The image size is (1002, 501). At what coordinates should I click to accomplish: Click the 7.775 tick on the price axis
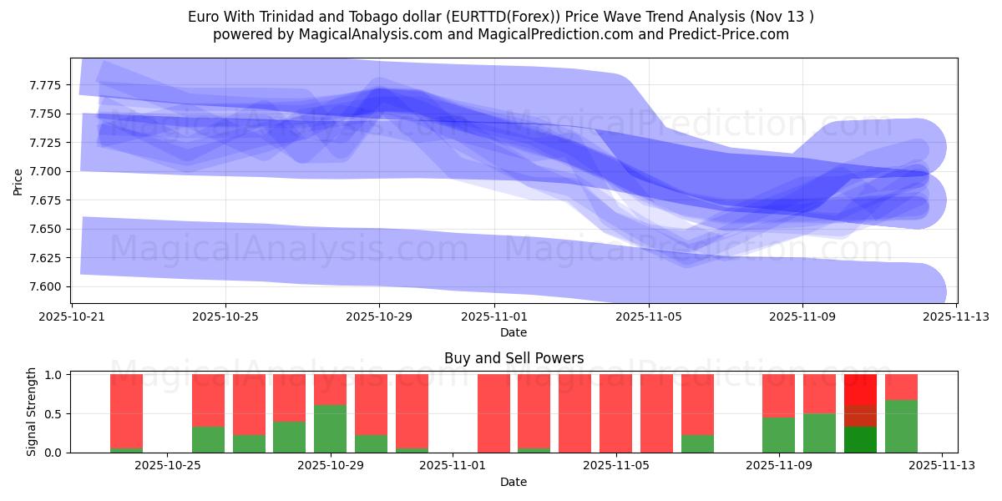[x=49, y=85]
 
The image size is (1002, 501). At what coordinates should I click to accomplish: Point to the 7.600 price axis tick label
[x=49, y=286]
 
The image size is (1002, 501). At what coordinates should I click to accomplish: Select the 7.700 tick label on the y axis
[x=49, y=171]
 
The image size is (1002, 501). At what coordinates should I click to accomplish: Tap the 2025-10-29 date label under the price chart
[x=379, y=317]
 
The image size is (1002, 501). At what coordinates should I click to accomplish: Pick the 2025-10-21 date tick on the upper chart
[x=72, y=317]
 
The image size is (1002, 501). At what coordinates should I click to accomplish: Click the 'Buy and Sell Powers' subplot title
[x=514, y=359]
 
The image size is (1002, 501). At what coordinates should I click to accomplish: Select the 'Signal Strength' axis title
[x=32, y=412]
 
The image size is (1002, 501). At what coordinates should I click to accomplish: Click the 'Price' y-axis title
[x=18, y=180]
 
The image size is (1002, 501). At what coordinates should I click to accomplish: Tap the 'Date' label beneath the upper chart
[x=514, y=332]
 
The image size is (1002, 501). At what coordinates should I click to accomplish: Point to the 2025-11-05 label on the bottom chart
[x=615, y=466]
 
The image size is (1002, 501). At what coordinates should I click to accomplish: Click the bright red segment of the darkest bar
[x=860, y=389]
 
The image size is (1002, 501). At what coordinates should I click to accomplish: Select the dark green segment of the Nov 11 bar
[x=860, y=440]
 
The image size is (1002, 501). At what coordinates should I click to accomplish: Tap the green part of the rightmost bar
[x=901, y=426]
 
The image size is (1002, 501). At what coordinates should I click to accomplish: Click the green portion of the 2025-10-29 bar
[x=330, y=428]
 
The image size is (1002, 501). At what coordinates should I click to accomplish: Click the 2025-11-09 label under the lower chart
[x=778, y=466]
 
